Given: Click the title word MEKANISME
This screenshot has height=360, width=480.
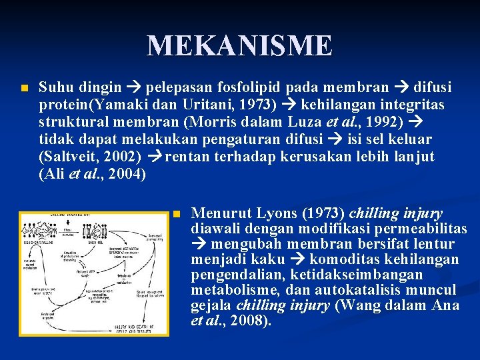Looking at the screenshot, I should coord(239,46).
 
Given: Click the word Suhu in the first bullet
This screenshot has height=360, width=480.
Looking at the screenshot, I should coord(55,87).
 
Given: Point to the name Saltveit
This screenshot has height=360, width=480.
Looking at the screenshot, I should coord(69,157).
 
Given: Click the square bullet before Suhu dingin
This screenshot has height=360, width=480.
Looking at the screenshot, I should coord(24,88).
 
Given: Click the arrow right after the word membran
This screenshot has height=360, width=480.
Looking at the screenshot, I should coord(403,87).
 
